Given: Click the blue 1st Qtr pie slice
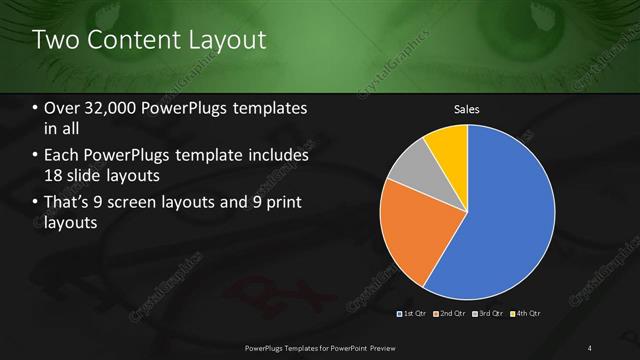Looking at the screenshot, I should (510, 215).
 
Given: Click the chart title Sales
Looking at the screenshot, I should (467, 108).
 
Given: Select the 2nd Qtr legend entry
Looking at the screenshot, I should (452, 314).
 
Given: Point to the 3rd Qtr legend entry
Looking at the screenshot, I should (489, 314).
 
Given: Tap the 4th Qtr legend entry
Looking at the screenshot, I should (526, 314).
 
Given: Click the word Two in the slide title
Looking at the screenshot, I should (56, 41).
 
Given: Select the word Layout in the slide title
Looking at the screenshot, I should (232, 41).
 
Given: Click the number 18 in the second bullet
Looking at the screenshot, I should (55, 176).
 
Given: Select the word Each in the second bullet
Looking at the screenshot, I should (60, 156).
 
